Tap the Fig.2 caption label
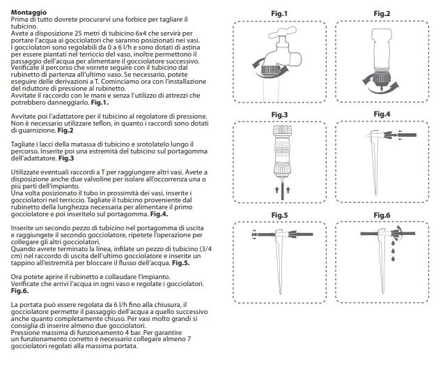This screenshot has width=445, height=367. tap(381, 13)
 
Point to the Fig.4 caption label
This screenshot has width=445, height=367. tap(381, 114)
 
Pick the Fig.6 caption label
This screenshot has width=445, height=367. tap(381, 215)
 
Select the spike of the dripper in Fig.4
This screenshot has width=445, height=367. tap(380, 164)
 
